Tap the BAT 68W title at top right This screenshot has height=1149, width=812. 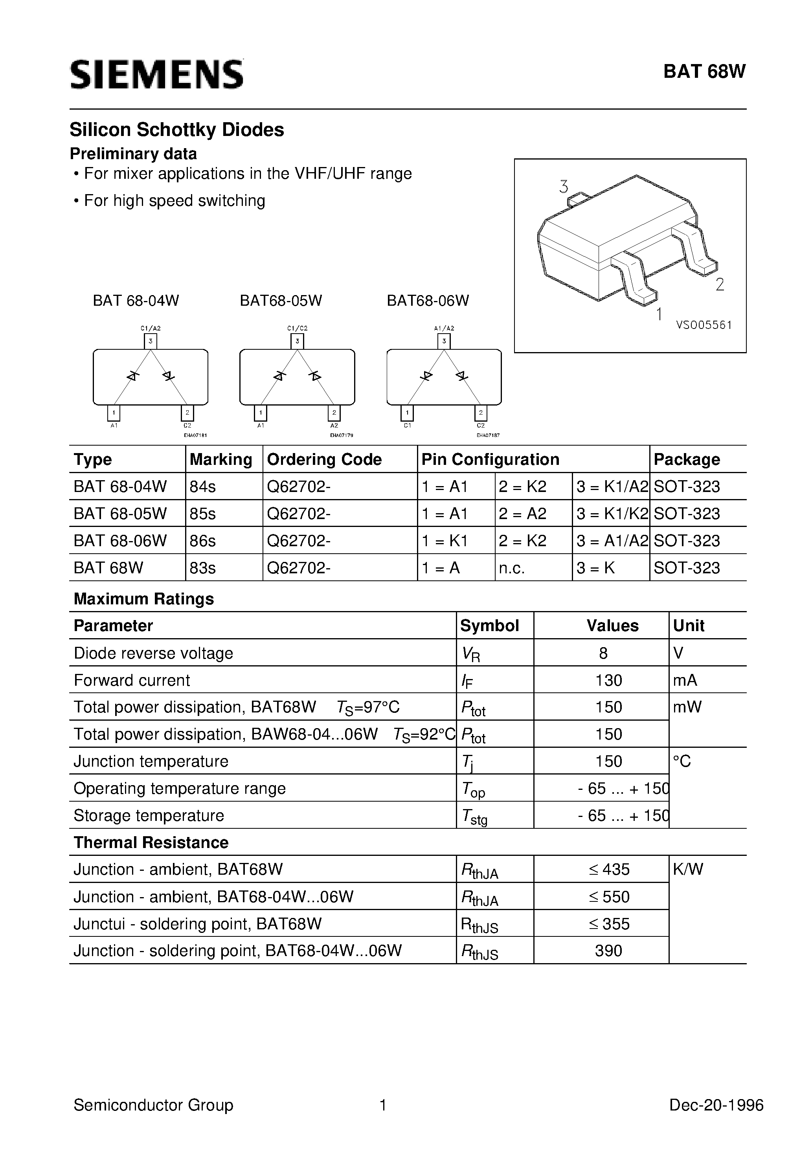(704, 72)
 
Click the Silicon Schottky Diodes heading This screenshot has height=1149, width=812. (177, 130)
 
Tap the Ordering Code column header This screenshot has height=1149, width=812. (324, 459)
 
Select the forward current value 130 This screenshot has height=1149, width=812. (608, 680)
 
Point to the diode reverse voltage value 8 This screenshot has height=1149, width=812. (603, 653)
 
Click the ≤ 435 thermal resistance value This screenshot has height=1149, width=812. (609, 869)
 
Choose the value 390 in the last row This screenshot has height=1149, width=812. (608, 950)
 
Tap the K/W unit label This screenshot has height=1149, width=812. (688, 869)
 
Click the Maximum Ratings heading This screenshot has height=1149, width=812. (144, 598)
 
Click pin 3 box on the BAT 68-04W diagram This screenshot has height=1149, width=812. (151, 341)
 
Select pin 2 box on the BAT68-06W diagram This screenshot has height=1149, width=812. (481, 413)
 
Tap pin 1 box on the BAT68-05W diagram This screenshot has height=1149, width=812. (261, 413)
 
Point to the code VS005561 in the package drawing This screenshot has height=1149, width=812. (704, 325)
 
